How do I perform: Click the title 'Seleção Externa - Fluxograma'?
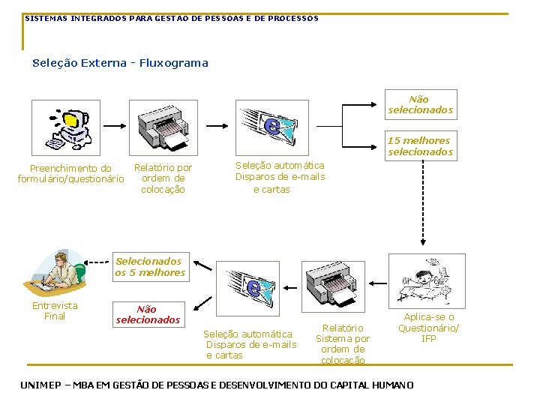120,63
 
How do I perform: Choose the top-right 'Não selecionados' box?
420,104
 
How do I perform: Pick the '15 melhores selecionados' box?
420,146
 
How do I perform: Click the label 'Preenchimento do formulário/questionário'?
70,174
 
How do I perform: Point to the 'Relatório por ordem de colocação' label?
163,178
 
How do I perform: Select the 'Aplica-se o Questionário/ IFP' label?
428,328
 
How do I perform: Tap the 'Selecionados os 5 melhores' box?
149,267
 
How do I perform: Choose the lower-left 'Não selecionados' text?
148,314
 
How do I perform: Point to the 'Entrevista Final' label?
55,310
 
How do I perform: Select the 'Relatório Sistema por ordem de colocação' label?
343,343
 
